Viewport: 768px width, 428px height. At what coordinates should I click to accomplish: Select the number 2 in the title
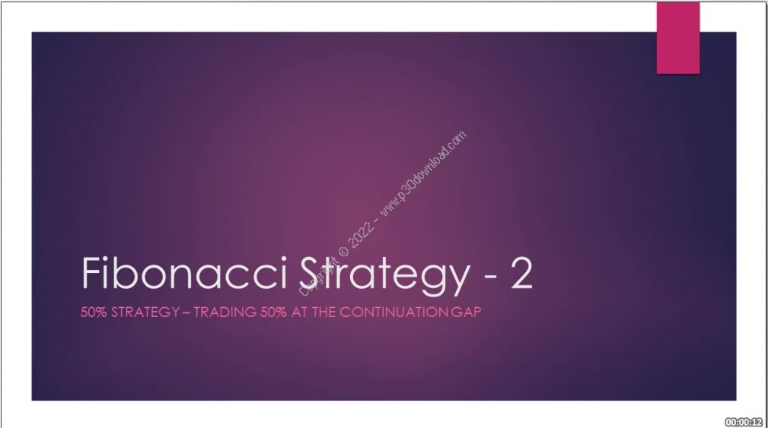point(522,274)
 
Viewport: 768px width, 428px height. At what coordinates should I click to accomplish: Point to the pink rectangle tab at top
point(677,37)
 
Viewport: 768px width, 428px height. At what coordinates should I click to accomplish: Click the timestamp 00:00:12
point(744,420)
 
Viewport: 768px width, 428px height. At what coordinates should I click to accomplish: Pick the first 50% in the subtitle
point(94,312)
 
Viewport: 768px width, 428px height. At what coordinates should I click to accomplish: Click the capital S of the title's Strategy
point(318,274)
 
